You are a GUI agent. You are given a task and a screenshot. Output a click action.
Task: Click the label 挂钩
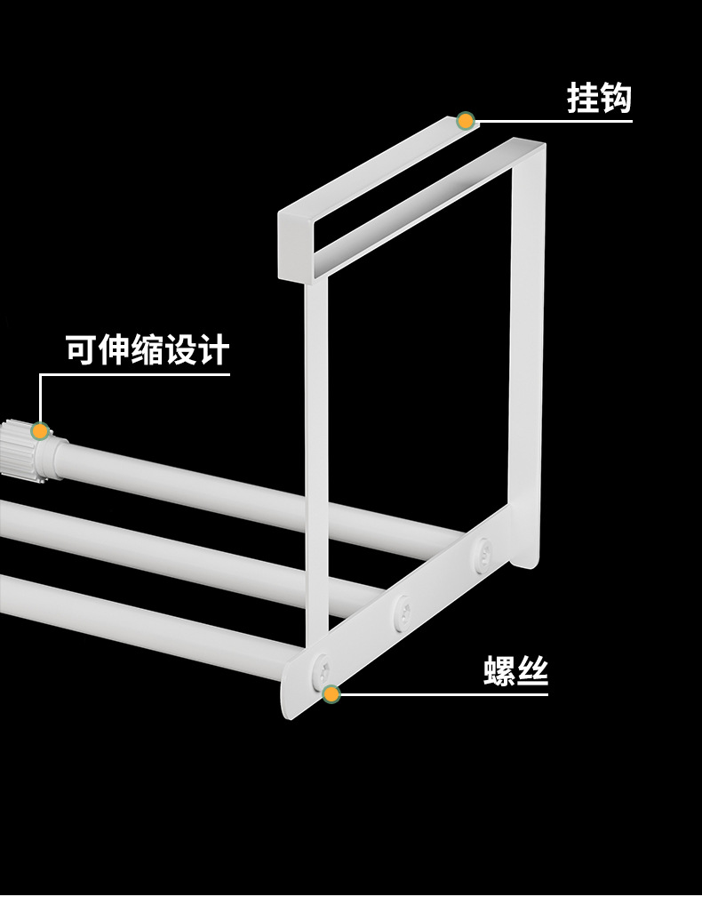pos(599,98)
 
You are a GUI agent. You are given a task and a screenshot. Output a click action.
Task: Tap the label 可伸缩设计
pos(148,350)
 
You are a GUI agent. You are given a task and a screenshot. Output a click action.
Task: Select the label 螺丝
pos(516,671)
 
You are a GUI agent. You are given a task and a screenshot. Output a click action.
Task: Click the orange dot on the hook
pos(465,121)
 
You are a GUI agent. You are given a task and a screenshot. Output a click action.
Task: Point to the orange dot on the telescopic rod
pos(39,431)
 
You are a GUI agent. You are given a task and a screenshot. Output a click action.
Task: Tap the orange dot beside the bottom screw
pos(331,694)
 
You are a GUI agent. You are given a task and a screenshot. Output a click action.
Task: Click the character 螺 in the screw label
pos(500,671)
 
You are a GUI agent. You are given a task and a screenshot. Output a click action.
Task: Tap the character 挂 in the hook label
pos(583,98)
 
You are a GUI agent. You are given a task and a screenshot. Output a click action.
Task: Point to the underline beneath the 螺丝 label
pos(444,694)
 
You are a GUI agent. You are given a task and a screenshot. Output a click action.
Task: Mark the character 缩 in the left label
pos(148,350)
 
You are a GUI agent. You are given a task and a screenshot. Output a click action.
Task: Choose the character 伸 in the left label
pos(115,350)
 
